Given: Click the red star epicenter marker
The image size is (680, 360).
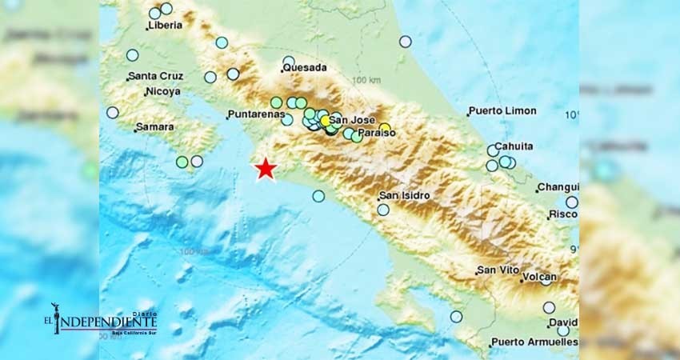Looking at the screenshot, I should (265, 169).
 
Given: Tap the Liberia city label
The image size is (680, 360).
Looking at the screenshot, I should (165, 25).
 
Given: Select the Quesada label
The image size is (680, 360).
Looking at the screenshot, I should (304, 69).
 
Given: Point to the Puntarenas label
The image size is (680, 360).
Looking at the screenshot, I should (256, 114).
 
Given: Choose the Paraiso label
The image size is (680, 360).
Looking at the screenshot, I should (376, 133).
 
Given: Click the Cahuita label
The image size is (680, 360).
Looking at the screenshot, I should (514, 146).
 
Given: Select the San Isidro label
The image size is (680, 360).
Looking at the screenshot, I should (405, 195).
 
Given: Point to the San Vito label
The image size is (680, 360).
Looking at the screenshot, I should (495, 270).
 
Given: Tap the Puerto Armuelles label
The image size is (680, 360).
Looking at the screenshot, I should (534, 342).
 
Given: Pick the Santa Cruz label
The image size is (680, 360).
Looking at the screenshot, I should (156, 77).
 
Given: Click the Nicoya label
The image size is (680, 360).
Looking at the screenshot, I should (162, 92).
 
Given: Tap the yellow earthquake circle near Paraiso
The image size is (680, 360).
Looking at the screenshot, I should (385, 127).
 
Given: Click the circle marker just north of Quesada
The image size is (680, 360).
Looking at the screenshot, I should (288, 61).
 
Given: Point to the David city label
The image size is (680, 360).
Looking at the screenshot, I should (562, 322).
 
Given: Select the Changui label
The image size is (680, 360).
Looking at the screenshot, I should (558, 187).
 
